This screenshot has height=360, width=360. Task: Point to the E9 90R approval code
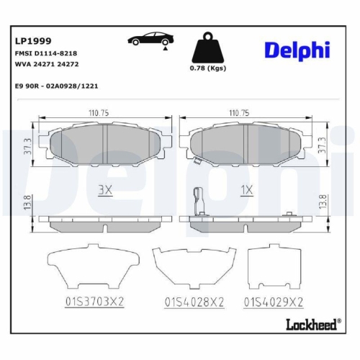56,85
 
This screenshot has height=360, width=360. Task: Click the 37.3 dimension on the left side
28,148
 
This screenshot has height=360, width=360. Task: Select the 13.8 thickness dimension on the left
28,203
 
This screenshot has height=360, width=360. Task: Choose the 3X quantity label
106,190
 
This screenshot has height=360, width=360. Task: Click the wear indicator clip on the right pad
200,198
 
